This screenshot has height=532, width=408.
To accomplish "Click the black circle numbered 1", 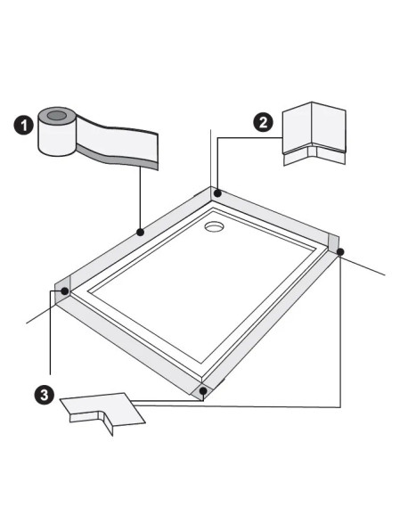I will coord(25,126).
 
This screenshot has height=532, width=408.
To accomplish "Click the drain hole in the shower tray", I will coord(215,227).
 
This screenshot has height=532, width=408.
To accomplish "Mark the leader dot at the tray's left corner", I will coord(65,291).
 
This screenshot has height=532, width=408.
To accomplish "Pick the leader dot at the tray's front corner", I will coord(204,390).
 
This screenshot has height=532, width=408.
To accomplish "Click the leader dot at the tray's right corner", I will coord(340,252).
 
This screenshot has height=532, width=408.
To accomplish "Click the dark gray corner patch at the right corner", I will coord(333,241).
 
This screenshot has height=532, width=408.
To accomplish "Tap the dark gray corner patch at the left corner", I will coord(62,288).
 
